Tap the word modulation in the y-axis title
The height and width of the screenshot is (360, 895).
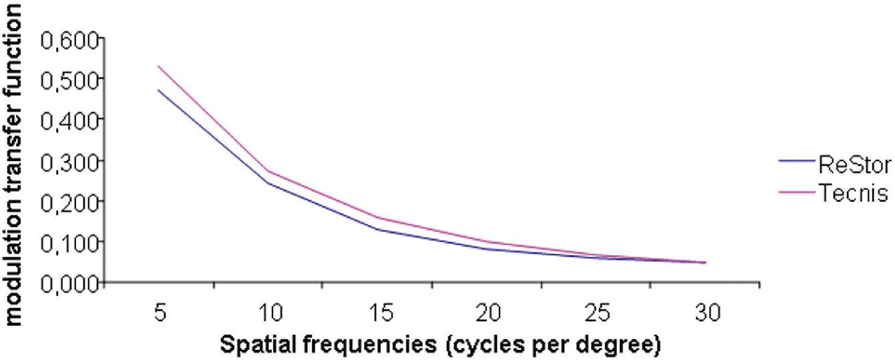pos(15,281)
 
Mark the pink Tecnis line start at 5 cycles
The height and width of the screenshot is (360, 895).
pos(158,66)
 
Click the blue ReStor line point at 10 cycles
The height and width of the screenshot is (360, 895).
pos(267,182)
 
